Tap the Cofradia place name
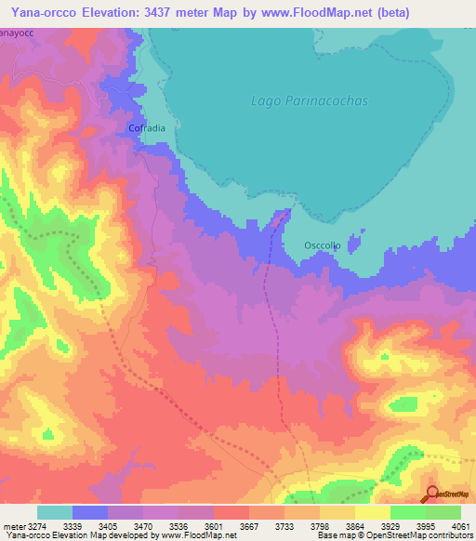(146, 129)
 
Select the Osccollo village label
(324, 245)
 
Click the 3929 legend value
(373, 525)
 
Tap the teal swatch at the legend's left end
(55, 512)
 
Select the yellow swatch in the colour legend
(373, 512)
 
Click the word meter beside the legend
(12, 525)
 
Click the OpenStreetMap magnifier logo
(432, 495)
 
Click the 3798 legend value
(301, 525)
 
